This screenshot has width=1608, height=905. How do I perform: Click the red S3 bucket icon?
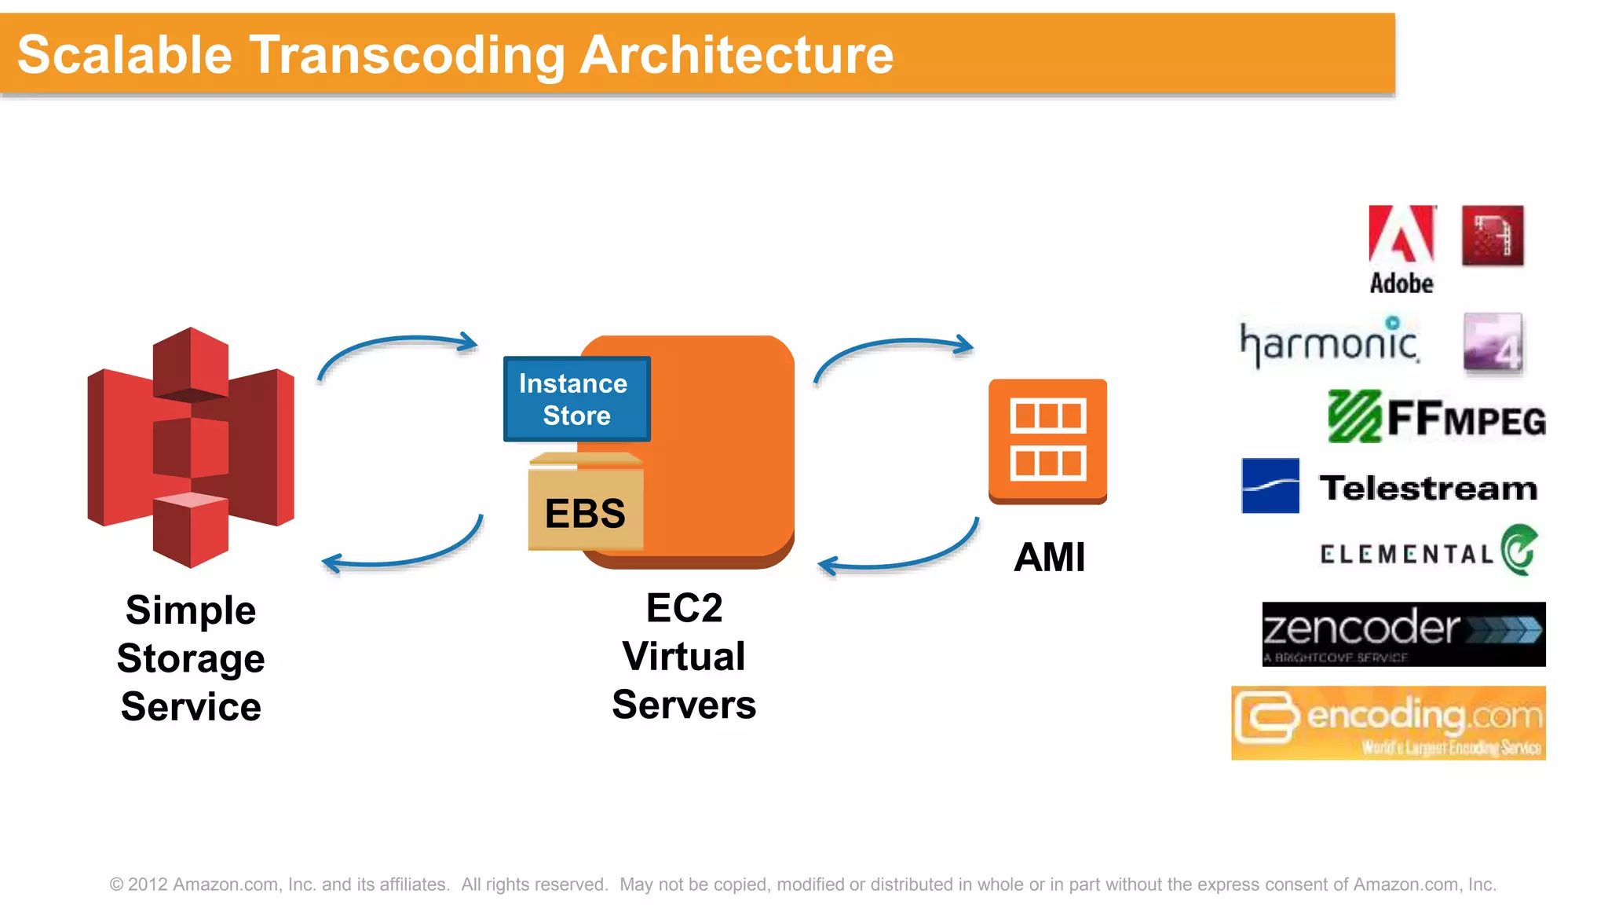191,447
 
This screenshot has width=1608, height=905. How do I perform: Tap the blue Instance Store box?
576,399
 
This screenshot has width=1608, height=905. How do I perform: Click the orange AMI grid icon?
1047,441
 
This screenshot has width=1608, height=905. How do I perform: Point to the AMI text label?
1049,558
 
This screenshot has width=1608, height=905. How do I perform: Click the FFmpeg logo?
1436,417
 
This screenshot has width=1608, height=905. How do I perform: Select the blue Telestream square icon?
1270,485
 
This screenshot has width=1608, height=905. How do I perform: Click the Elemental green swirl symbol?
1519,549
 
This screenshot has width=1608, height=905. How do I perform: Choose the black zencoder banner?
1403,634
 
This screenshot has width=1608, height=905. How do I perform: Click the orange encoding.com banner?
1387,723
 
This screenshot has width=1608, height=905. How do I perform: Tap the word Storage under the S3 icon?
191,658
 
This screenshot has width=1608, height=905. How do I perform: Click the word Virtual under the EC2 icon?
683,656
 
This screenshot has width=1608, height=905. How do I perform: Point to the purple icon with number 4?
1493,343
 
